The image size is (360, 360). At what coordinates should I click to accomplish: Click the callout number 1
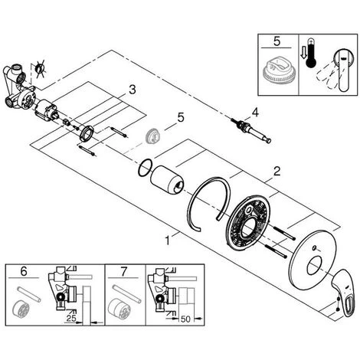click(x=168, y=241)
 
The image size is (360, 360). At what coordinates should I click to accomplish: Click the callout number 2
click(x=277, y=171)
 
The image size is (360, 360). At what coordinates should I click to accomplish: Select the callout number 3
click(x=133, y=90)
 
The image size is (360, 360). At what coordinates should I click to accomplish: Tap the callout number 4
click(x=255, y=113)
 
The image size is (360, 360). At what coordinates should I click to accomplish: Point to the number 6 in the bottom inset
click(x=24, y=271)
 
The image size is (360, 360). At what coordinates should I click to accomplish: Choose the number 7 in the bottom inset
click(x=123, y=272)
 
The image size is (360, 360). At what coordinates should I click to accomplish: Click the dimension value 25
click(x=71, y=318)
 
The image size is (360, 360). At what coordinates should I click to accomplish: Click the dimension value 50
click(x=185, y=319)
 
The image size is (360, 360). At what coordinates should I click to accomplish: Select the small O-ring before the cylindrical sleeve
click(x=146, y=168)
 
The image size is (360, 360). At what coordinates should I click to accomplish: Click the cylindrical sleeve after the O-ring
click(x=167, y=178)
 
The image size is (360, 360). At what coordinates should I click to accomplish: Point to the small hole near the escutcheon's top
click(x=314, y=247)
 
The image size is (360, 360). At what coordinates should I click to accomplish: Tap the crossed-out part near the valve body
click(x=40, y=69)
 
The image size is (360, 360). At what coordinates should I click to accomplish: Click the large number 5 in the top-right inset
click(x=277, y=41)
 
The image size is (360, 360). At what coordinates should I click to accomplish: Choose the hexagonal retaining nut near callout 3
click(x=86, y=133)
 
